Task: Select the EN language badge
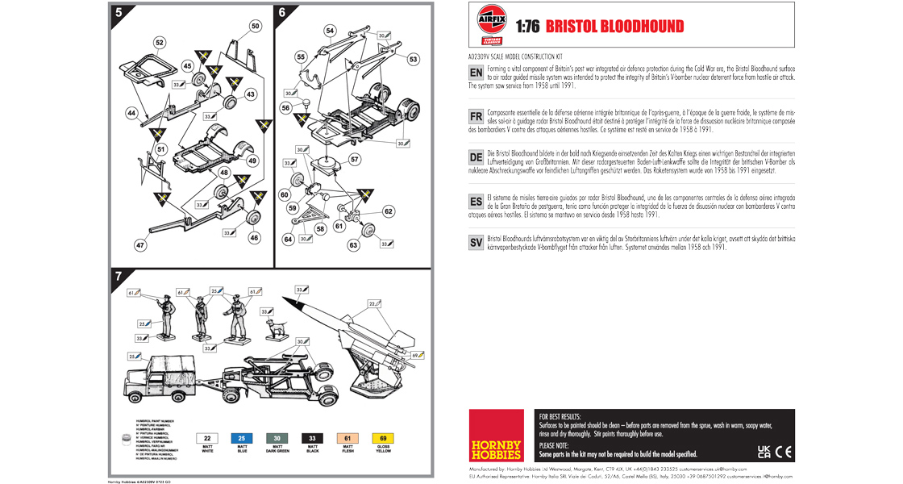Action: click(x=476, y=73)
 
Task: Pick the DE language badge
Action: click(x=476, y=157)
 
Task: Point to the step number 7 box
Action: click(x=119, y=277)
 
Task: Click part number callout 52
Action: click(x=159, y=42)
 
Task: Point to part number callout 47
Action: click(x=139, y=244)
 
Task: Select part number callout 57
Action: click(x=355, y=160)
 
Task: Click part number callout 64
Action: click(x=288, y=239)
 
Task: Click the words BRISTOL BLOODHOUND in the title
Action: click(x=614, y=27)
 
